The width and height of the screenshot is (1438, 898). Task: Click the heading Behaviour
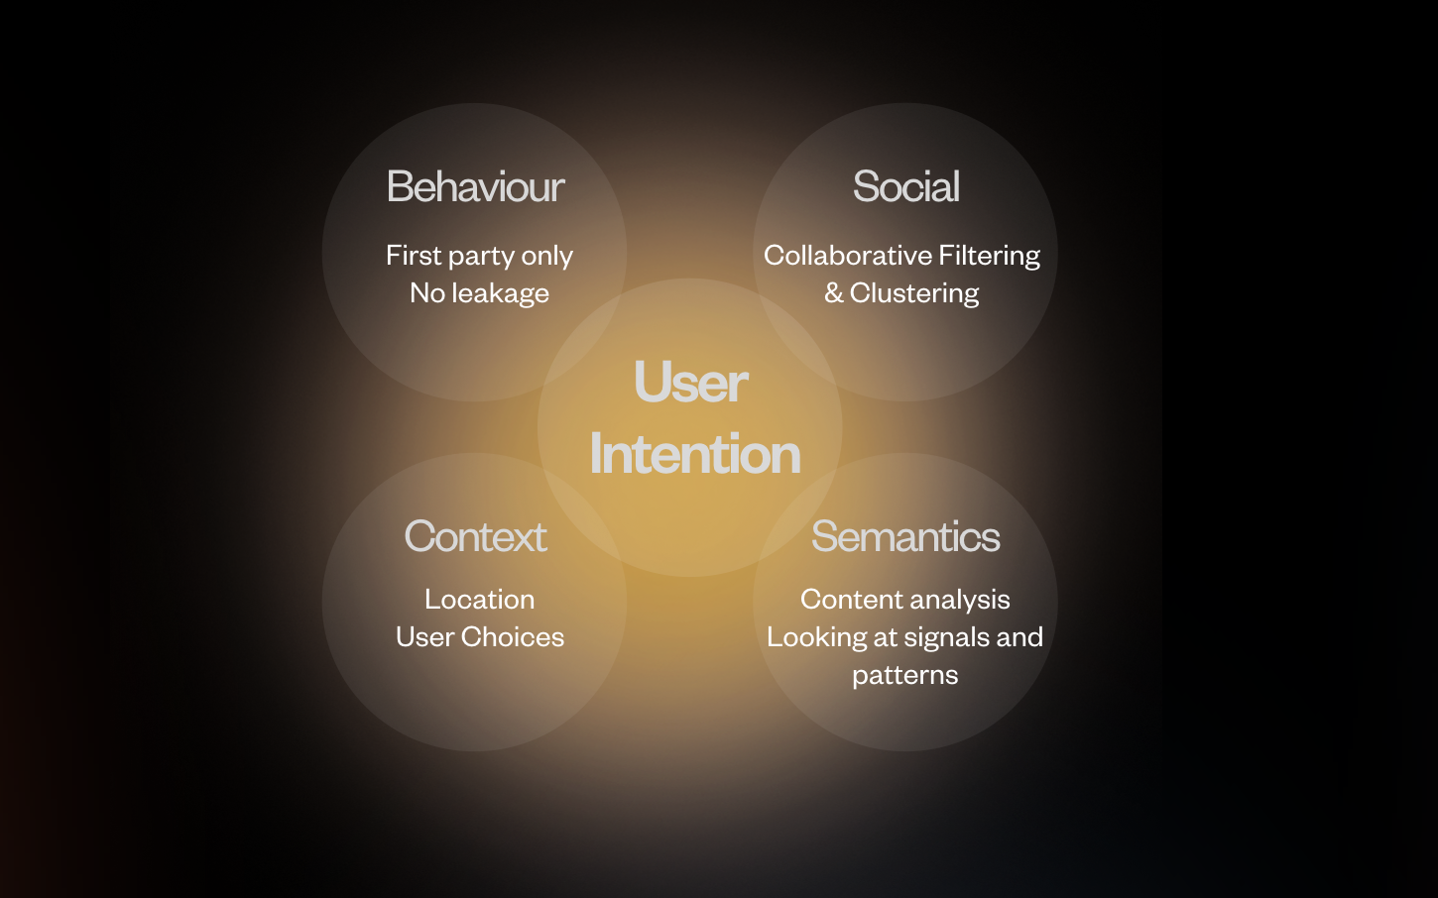coord(476,186)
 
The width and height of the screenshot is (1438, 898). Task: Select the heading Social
coord(905,186)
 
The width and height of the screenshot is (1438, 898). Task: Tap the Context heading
coord(476,536)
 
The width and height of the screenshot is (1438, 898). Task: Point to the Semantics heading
coord(905,536)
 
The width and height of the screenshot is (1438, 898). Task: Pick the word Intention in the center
coord(694,454)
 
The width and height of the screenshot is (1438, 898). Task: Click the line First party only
coord(479,256)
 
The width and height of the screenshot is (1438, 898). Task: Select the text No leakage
coord(479,293)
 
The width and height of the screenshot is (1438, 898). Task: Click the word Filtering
coord(990,256)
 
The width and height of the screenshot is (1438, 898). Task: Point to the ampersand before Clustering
coord(834,293)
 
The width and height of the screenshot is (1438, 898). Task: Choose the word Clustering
coord(914,293)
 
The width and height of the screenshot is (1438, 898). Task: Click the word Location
coord(480,599)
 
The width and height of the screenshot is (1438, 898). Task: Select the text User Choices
coord(480,637)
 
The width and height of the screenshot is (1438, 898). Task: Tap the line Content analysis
coord(905,600)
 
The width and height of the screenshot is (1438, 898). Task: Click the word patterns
coord(905,675)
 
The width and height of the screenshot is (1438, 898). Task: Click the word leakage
coord(500,293)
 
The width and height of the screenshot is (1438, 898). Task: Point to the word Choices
coord(513,637)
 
